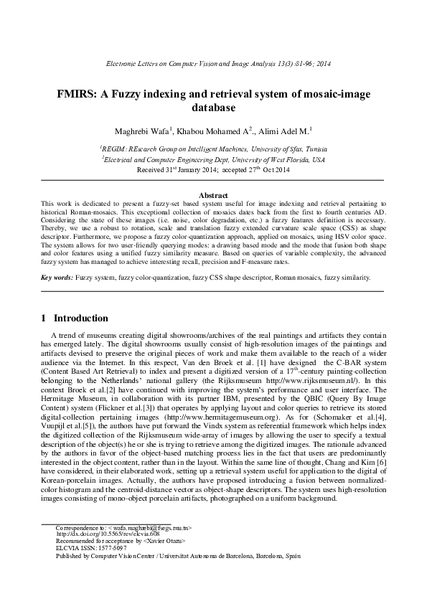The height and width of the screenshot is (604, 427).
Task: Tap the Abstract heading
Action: tap(212, 195)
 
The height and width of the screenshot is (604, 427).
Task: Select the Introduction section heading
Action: tap(81, 318)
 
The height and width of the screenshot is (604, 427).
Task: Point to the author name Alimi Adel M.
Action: tap(270, 131)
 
